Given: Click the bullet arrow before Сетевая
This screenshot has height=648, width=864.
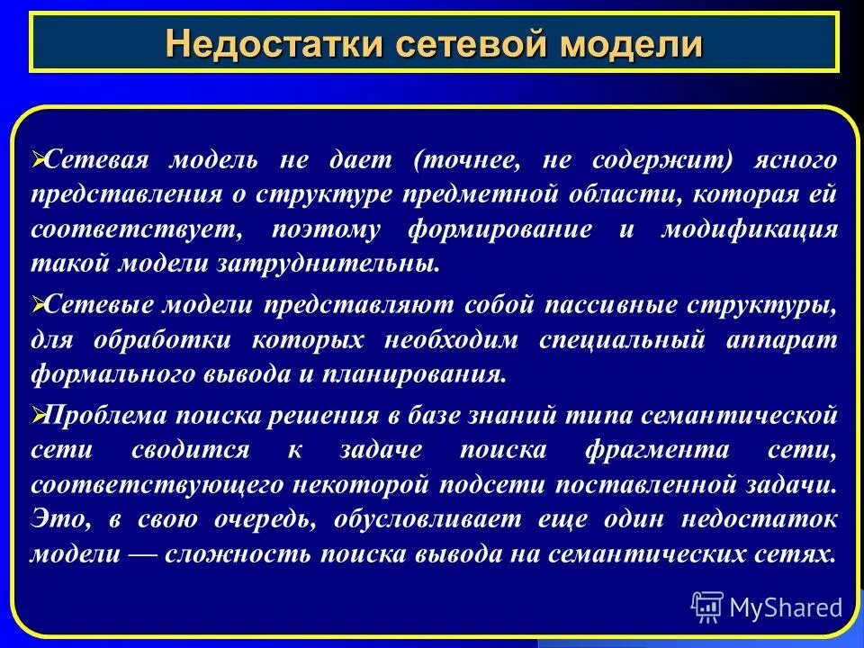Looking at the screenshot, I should point(37,159).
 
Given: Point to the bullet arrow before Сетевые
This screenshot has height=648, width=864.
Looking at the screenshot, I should point(37,305).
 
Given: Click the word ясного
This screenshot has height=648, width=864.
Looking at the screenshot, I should point(800,160).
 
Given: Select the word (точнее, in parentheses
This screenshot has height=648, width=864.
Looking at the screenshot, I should point(466,160).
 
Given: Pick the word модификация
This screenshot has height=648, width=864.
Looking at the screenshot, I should point(750,229).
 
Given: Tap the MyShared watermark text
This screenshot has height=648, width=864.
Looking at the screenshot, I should point(785,607).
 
